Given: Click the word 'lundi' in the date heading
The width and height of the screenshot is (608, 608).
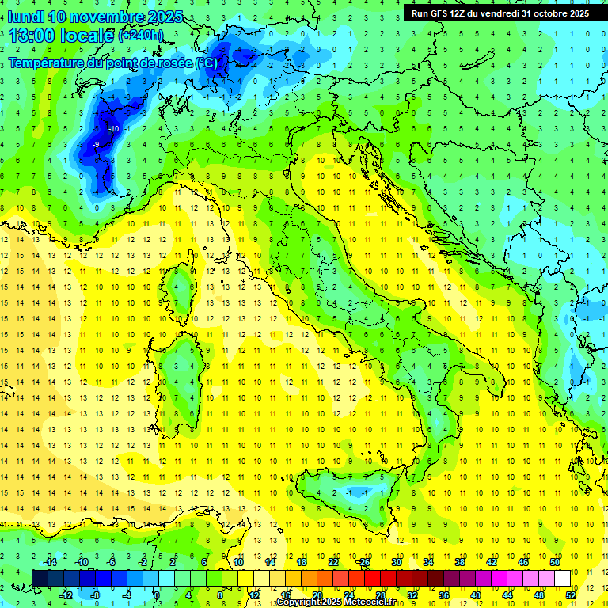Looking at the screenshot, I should pos(25,17).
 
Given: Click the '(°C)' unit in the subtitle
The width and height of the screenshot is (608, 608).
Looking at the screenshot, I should pos(206,62).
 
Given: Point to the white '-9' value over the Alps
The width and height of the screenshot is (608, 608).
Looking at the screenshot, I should pos(96,144).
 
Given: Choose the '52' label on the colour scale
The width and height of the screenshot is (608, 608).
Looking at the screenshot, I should pos(571,595).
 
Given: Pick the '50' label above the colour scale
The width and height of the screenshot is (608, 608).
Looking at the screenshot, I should pos(555,562).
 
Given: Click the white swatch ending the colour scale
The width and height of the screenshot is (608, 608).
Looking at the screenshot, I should pos(562,578).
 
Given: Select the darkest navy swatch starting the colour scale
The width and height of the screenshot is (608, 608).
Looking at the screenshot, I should pos(39,578).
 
